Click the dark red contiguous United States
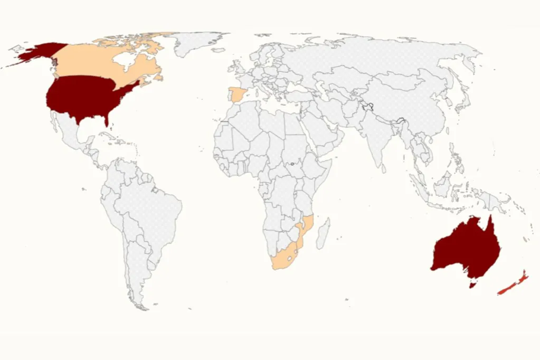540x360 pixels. (84, 98)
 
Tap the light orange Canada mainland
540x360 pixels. (90, 61)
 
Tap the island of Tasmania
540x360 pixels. (472, 286)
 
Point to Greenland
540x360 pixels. (195, 42)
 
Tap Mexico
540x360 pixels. (71, 135)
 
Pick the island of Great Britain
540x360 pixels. (236, 68)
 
